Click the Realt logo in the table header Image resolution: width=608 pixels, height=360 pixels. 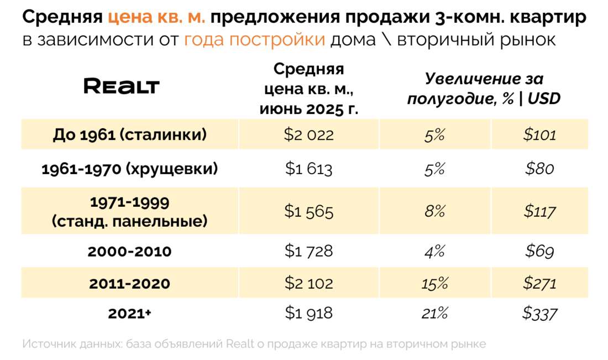tap(122, 86)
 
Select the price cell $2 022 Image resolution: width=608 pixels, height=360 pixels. tap(309, 134)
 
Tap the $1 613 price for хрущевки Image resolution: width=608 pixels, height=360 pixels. tap(309, 168)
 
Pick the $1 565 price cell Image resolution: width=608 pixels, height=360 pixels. tap(309, 211)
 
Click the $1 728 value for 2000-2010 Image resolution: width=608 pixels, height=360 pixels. tap(309, 251)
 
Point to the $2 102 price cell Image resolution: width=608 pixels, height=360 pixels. tap(309, 283)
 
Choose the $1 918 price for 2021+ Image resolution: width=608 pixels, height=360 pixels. tap(309, 313)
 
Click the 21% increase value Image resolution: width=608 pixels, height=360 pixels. tap(434, 313)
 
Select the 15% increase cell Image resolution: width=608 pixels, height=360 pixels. tap(434, 283)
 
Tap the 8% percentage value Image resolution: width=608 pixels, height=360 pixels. tap(434, 211)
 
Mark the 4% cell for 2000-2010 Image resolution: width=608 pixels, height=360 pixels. tap(434, 251)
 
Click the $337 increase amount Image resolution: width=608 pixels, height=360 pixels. tap(539, 313)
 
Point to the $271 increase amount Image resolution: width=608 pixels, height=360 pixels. tap(539, 283)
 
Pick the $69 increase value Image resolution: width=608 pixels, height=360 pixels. tap(539, 251)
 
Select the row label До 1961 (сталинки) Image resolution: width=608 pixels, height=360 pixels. tap(130, 134)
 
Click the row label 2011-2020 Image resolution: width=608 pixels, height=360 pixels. tap(130, 283)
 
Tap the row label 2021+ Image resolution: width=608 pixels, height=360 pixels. tap(130, 313)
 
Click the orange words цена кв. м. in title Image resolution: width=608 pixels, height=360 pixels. tap(157, 18)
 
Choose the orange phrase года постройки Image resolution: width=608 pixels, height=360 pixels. tap(255, 40)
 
